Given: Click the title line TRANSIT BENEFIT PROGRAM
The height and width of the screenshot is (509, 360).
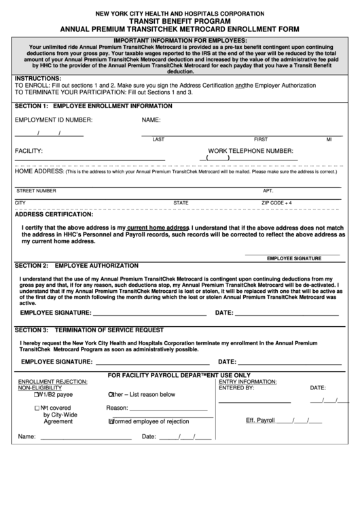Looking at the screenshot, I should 180,21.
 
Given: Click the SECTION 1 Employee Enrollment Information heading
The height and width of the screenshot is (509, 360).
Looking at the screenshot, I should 94,107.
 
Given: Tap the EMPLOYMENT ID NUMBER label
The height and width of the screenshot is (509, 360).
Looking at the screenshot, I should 54,120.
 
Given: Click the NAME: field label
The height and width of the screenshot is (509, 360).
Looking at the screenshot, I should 151,120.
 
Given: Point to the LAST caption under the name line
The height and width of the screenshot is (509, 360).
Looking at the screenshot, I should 158,139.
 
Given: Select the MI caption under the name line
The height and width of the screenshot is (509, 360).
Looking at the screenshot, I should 329,139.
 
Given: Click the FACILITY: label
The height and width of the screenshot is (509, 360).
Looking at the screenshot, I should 29,150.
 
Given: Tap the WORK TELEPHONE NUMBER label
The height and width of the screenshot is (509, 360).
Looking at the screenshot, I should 251,150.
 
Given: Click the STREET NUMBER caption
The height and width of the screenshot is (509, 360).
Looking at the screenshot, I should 37,191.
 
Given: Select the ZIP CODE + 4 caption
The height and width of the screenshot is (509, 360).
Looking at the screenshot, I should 276,203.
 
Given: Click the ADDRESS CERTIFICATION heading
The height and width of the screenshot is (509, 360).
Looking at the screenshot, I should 54,214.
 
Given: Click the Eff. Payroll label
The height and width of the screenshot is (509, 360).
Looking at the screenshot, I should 260,420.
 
